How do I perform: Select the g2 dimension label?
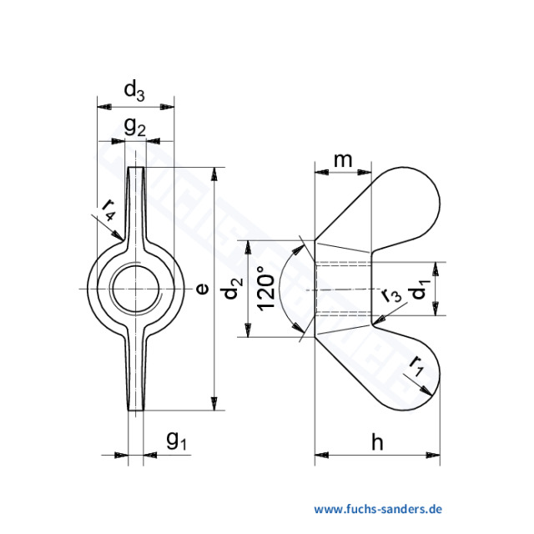click(135, 128)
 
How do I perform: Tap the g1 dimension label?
click(175, 440)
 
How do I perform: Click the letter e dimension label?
click(200, 289)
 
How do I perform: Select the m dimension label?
click(342, 159)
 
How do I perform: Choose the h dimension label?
click(376, 442)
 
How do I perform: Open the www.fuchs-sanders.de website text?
click(378, 508)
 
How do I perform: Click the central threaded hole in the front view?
click(135, 289)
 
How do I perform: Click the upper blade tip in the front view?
click(135, 171)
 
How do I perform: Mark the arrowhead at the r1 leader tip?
click(431, 395)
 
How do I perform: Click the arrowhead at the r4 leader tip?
click(123, 241)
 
